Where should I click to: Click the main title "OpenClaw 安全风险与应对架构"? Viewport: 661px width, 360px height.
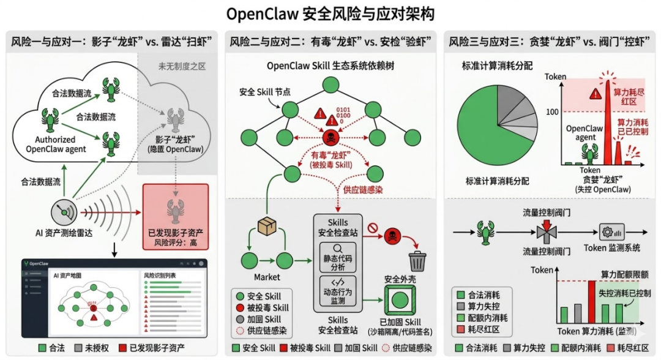pyautogui.click(x=330, y=13)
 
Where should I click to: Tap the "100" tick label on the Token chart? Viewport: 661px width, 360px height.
pyautogui.click(x=554, y=111)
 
